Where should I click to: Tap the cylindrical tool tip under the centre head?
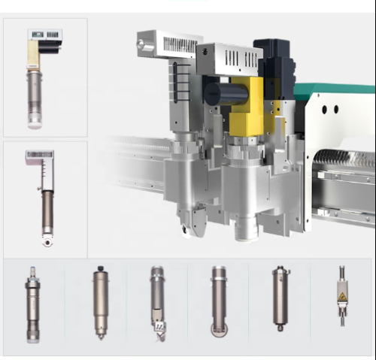[x=245, y=229]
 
